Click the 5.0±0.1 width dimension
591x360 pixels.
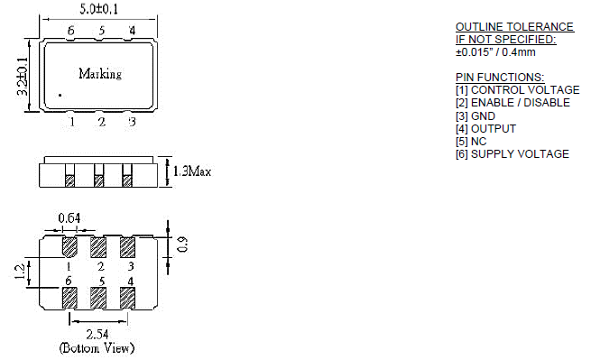click(98, 9)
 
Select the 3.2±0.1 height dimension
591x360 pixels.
click(23, 76)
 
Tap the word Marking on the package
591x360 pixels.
click(100, 73)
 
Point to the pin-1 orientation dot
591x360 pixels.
click(60, 96)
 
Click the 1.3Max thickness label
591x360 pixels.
click(192, 171)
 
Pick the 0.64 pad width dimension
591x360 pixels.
click(69, 217)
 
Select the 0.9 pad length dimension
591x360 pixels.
click(182, 245)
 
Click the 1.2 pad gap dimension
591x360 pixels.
click(20, 272)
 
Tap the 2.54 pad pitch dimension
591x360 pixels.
click(97, 335)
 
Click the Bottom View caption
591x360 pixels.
click(97, 347)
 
